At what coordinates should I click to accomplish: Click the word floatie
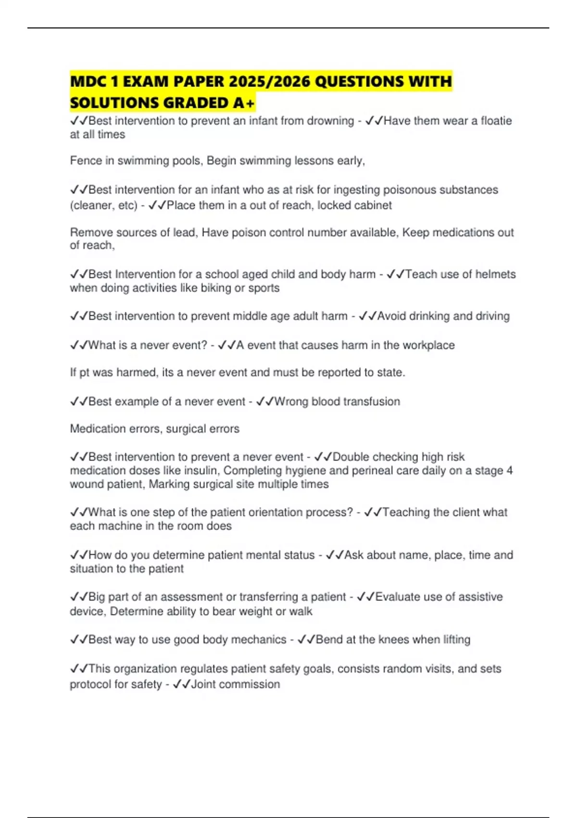pyautogui.click(x=495, y=121)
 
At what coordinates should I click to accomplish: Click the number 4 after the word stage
pyautogui.click(x=510, y=471)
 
